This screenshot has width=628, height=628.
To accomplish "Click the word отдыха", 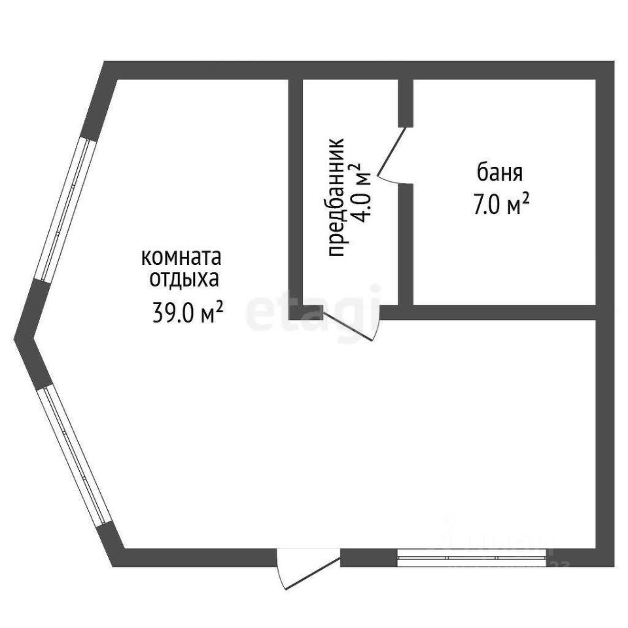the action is pyautogui.click(x=183, y=279).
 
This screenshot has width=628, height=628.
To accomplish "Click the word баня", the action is pyautogui.click(x=500, y=174).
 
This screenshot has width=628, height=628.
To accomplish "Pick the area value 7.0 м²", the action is pyautogui.click(x=500, y=205).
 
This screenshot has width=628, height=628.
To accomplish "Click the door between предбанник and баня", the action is pyautogui.click(x=394, y=154).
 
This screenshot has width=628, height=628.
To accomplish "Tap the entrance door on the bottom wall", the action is pyautogui.click(x=307, y=567).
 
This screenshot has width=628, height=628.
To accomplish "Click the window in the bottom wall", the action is pyautogui.click(x=471, y=557).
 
